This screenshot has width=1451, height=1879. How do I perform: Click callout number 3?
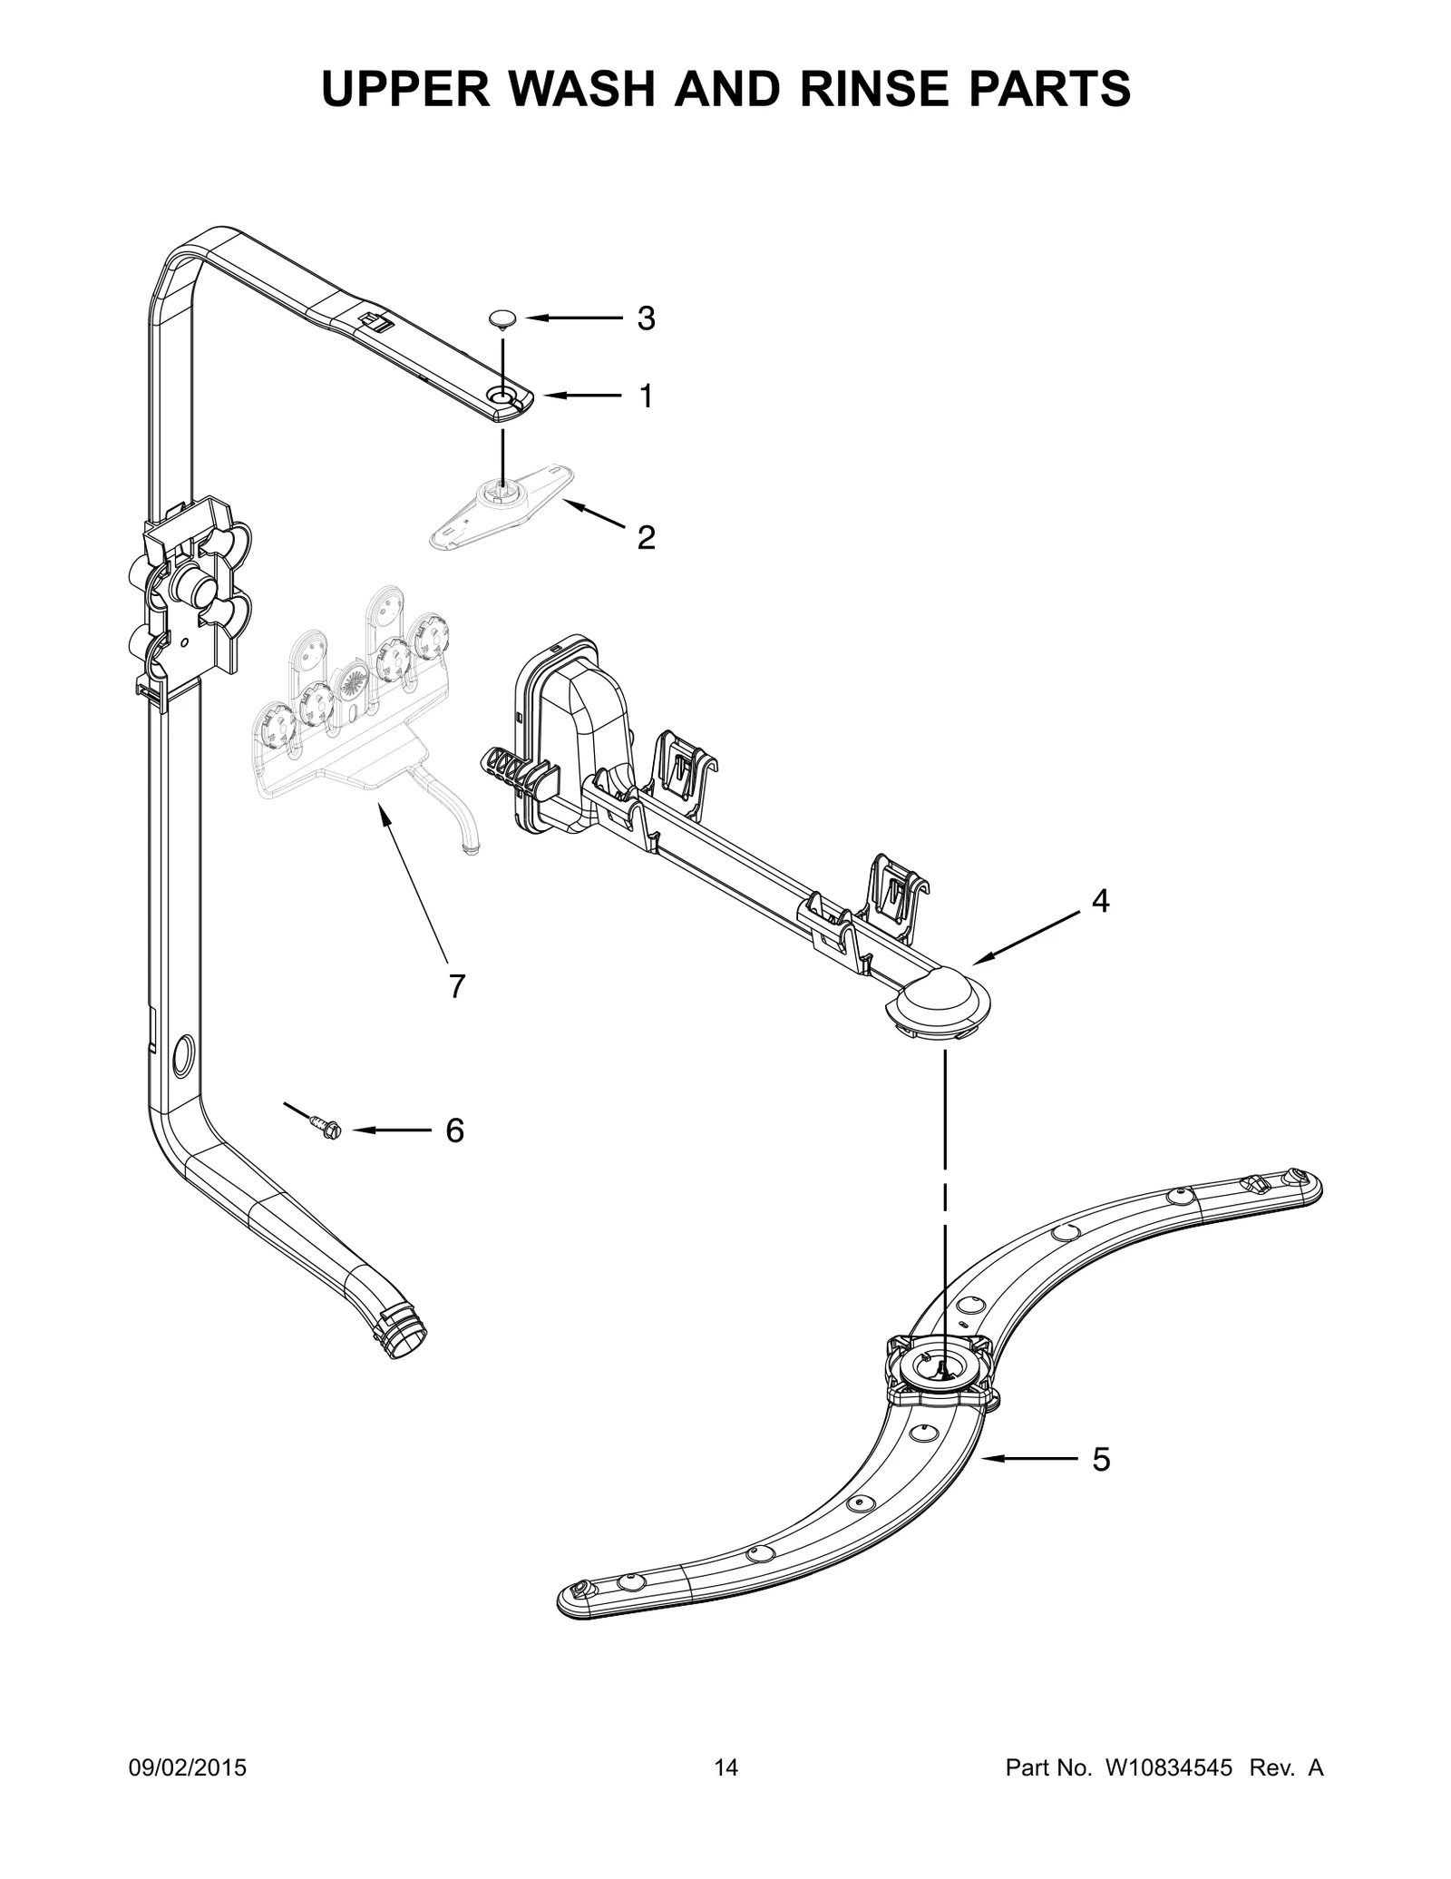(x=646, y=318)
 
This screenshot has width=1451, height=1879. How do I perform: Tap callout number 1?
(x=646, y=396)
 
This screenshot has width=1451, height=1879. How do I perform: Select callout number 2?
(x=646, y=538)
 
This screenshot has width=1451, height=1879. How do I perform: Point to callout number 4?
(x=1100, y=901)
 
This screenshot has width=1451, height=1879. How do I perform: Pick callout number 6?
(x=454, y=1130)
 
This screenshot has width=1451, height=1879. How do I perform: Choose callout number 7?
(x=457, y=985)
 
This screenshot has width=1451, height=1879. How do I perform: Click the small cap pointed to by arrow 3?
(x=502, y=318)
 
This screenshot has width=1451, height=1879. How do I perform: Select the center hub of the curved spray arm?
(x=940, y=1385)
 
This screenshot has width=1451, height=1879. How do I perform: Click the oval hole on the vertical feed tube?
(x=180, y=1055)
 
